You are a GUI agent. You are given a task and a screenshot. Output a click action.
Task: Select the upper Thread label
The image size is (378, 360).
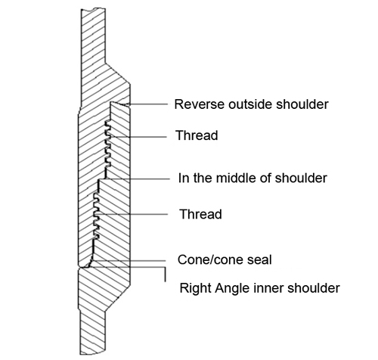[x=197, y=135]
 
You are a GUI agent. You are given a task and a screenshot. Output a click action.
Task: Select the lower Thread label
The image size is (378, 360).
[x=200, y=214]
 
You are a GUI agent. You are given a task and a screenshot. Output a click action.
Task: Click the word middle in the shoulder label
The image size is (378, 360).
[x=236, y=178]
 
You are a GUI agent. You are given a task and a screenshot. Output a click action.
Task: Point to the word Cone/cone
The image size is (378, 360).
[x=210, y=259]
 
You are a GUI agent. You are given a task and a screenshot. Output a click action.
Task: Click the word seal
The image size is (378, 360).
[x=259, y=259]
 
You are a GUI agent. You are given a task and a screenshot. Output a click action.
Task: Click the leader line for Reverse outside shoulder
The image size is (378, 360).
[x=144, y=104]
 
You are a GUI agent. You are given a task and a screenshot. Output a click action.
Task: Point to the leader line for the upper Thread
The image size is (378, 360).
[x=138, y=137]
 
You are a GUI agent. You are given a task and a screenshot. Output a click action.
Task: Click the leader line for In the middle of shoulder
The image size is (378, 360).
[x=138, y=179]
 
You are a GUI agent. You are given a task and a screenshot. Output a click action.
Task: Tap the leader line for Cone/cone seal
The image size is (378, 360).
[x=129, y=261]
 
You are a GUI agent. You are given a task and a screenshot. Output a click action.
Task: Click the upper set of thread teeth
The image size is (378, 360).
[x=108, y=144]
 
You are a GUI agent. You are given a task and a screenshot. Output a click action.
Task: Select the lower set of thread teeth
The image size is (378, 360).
[x=96, y=216]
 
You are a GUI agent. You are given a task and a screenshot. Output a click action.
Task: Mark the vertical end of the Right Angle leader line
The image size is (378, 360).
[x=165, y=274]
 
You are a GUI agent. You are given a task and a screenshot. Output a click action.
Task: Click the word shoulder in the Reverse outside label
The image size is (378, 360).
[x=302, y=104]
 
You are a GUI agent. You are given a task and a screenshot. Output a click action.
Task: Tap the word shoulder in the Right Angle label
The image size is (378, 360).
[x=314, y=288]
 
